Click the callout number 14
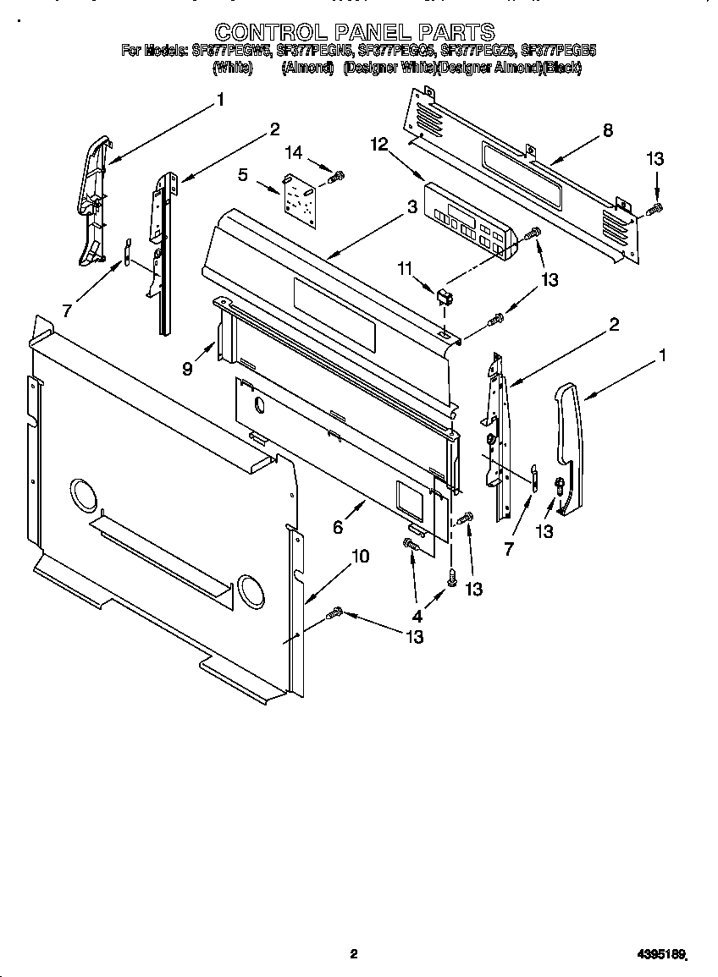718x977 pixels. pyautogui.click(x=293, y=153)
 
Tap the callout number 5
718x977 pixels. pyautogui.click(x=243, y=175)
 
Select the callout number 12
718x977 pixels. pyautogui.click(x=378, y=145)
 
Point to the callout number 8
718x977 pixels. pyautogui.click(x=607, y=130)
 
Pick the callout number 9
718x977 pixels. pyautogui.click(x=187, y=368)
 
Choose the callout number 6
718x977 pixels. pyautogui.click(x=338, y=527)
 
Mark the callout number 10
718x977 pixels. pyautogui.click(x=360, y=556)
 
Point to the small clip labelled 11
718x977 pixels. pyautogui.click(x=442, y=297)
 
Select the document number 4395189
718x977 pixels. pyautogui.click(x=660, y=954)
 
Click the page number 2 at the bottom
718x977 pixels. pyautogui.click(x=354, y=954)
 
